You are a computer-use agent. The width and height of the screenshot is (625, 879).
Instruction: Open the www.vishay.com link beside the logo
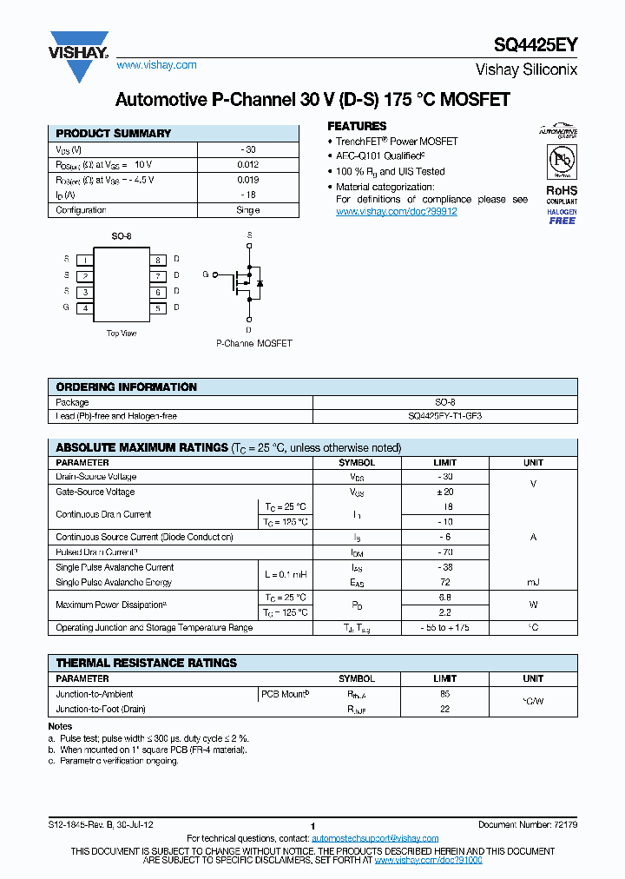pos(156,65)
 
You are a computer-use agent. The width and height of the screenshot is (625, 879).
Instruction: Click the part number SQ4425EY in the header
pos(535,46)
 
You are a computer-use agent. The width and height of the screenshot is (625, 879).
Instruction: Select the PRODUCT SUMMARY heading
pos(114,134)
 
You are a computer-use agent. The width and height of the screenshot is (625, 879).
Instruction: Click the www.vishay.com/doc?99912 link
pos(396,211)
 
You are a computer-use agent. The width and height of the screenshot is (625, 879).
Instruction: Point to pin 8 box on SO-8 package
pos(158,260)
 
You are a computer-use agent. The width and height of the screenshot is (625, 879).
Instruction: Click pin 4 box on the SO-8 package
pos(85,307)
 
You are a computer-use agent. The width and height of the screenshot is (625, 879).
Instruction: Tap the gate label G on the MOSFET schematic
pos(206,274)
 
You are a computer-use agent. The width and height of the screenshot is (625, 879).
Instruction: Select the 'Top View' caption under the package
pos(122,333)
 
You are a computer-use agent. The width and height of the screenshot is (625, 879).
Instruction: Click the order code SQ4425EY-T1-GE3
pos(444,416)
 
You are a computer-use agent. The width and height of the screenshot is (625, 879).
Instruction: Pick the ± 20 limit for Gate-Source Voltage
pos(444,492)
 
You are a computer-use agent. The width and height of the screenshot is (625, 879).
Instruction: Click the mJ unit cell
pos(533,582)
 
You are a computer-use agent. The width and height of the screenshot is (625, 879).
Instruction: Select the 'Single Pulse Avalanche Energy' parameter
pos(115,582)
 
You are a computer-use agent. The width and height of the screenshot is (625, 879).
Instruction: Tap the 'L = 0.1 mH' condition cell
pos(285,575)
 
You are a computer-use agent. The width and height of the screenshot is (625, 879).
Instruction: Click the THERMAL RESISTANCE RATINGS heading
pos(146,663)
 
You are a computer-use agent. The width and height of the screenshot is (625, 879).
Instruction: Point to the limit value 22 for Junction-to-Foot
pos(444,709)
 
